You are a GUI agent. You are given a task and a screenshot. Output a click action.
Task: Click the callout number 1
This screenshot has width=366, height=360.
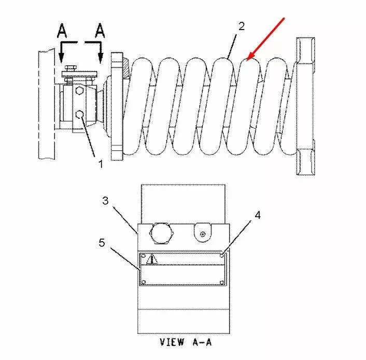[x=101, y=164]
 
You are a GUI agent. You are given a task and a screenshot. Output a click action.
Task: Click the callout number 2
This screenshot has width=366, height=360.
[x=242, y=26]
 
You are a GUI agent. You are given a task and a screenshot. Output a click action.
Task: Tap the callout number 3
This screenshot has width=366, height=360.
[x=106, y=200]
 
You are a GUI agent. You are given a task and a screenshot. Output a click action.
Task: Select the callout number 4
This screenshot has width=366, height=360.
[x=258, y=215]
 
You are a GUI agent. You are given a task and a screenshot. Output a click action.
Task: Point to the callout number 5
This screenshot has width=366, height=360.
[x=102, y=243]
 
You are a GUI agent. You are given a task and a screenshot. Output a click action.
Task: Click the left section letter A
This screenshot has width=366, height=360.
[x=62, y=31]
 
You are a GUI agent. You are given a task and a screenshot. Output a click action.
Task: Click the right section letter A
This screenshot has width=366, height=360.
[x=100, y=31]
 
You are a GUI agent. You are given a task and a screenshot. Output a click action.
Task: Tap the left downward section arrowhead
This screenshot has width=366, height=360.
[x=61, y=58]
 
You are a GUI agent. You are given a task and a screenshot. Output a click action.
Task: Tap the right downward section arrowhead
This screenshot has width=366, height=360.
[x=101, y=58]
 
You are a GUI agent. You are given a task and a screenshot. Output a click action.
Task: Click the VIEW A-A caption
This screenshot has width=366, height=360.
[x=186, y=342]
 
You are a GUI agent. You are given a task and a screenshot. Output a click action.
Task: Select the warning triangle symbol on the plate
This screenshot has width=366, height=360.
[x=152, y=259]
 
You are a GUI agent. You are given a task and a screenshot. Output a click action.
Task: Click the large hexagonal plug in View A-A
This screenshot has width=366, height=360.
[x=162, y=233]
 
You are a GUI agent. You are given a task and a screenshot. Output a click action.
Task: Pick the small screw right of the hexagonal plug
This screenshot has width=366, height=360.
[x=203, y=233]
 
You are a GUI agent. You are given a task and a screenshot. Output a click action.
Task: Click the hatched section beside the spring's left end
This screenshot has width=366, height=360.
[x=125, y=68]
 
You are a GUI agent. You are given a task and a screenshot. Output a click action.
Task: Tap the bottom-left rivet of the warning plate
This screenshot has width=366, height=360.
[x=144, y=282]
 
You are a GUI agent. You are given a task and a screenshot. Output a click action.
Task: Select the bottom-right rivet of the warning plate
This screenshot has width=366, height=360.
[x=222, y=283]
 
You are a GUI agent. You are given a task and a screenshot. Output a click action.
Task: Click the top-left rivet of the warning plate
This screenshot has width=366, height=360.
[x=144, y=255]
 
